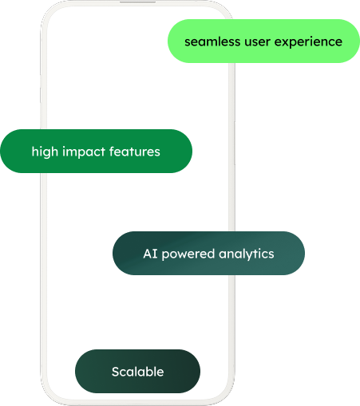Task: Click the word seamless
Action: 212,41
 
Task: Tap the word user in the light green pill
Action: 257,42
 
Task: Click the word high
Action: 45,152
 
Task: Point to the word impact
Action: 84,152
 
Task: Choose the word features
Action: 135,152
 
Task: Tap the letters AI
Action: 150,254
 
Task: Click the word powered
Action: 188,254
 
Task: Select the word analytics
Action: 247,254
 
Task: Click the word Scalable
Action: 137,372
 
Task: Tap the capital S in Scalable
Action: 116,372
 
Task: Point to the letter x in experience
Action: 286,42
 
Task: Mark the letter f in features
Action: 112,152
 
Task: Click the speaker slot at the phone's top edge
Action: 137,2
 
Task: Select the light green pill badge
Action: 263,41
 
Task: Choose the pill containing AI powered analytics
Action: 208,253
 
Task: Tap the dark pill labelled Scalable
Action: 137,371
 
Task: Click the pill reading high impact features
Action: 96,151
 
